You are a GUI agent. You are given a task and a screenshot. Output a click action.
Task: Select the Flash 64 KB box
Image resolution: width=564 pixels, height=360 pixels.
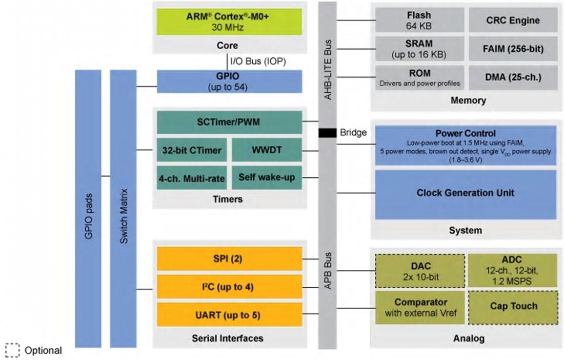(x=419, y=21)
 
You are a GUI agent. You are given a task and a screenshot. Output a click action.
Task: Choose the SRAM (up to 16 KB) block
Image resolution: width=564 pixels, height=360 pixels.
(x=419, y=49)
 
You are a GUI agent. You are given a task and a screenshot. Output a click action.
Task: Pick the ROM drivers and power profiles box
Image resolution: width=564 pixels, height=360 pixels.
(x=419, y=78)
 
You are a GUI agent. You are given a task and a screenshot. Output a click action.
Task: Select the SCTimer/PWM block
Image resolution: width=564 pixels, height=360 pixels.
(x=229, y=122)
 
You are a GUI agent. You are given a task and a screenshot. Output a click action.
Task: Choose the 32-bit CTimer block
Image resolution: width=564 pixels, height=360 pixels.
(x=192, y=150)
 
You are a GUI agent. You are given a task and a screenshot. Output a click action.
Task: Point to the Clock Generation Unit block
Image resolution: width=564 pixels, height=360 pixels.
(x=465, y=194)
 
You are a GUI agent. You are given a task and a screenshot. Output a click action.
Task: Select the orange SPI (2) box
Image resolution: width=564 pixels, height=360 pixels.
(x=229, y=259)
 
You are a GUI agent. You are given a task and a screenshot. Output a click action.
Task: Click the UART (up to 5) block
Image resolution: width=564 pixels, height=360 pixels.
(x=229, y=314)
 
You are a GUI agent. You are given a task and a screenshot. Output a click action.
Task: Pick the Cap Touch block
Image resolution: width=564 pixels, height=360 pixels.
(x=513, y=307)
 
